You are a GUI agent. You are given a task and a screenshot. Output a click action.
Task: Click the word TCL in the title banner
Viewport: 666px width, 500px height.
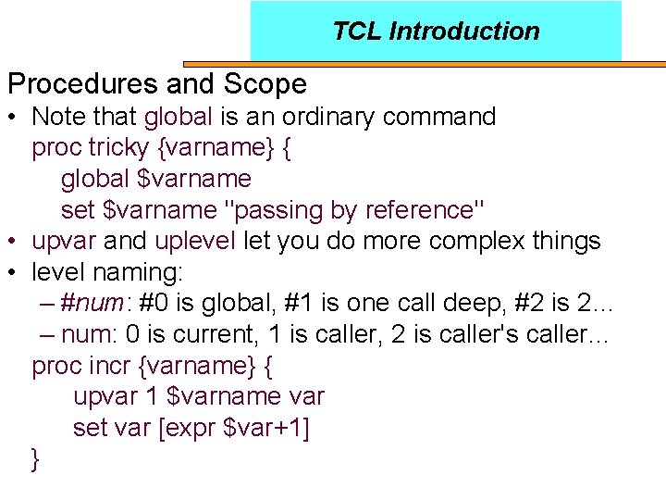[x=357, y=31]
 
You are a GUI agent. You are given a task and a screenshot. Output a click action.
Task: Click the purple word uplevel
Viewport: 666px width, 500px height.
[x=195, y=242]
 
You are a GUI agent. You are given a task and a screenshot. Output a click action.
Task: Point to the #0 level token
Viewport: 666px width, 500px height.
[x=154, y=304]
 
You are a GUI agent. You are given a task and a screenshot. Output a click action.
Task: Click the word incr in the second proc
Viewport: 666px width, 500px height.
[x=110, y=366]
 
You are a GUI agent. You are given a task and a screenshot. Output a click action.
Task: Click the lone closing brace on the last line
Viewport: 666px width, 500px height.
[x=36, y=459]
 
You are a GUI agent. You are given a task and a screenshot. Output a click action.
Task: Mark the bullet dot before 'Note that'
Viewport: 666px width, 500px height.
[x=15, y=118]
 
